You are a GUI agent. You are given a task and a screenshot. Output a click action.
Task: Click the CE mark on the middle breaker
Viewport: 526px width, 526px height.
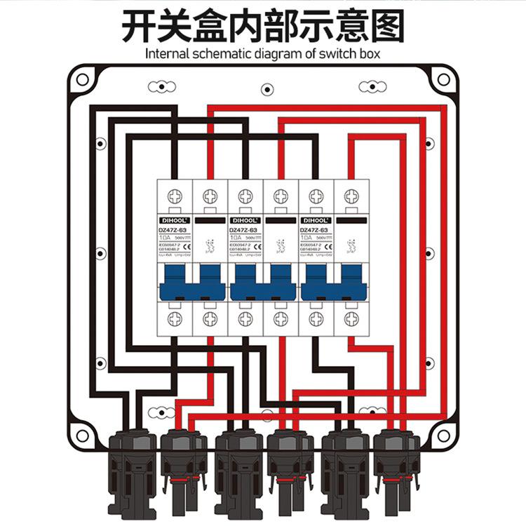click(257, 245)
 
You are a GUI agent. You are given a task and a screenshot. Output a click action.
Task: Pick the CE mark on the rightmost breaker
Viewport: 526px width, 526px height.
click(328, 245)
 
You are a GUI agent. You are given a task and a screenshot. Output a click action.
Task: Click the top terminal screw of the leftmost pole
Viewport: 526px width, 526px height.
click(175, 196)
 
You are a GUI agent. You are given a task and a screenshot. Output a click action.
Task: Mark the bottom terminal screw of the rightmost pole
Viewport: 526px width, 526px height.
click(351, 319)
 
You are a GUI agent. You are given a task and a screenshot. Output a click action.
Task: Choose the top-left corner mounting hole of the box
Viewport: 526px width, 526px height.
click(83, 80)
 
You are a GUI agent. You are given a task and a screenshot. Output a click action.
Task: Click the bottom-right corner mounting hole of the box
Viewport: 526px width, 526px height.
click(444, 435)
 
